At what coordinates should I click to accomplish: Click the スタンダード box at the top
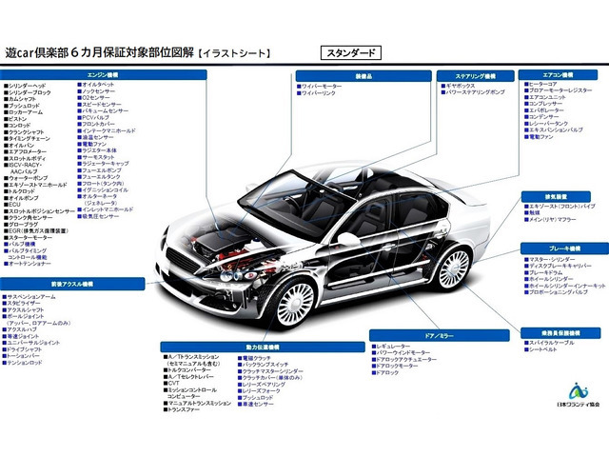click(x=350, y=53)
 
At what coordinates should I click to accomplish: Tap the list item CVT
click(x=172, y=385)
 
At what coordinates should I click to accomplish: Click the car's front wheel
click(x=295, y=301)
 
